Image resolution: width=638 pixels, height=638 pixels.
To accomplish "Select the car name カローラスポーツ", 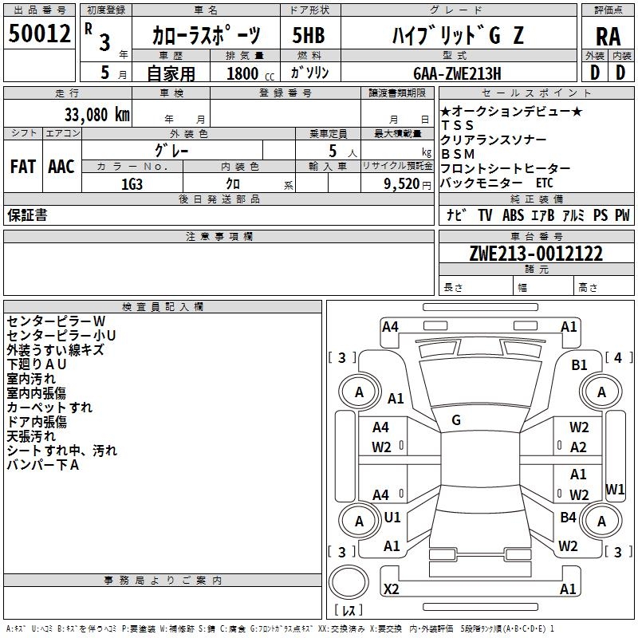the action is [x=206, y=35].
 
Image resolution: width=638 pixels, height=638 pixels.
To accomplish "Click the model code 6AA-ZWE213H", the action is [x=457, y=73].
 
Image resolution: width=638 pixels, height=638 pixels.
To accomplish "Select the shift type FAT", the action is [x=23, y=166].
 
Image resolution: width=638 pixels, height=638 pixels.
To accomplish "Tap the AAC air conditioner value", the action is [x=61, y=166].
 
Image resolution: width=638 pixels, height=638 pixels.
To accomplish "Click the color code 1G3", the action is [x=132, y=183].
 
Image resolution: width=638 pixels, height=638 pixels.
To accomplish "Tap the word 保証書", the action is [x=27, y=215].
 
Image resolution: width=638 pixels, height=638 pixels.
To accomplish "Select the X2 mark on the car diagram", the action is [x=392, y=589].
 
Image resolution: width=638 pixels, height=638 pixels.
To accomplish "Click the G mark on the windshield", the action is [x=456, y=420].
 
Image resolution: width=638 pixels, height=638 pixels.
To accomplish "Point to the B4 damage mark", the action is [x=568, y=518].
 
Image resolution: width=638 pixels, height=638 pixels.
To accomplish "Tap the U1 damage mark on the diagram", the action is [x=392, y=518].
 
